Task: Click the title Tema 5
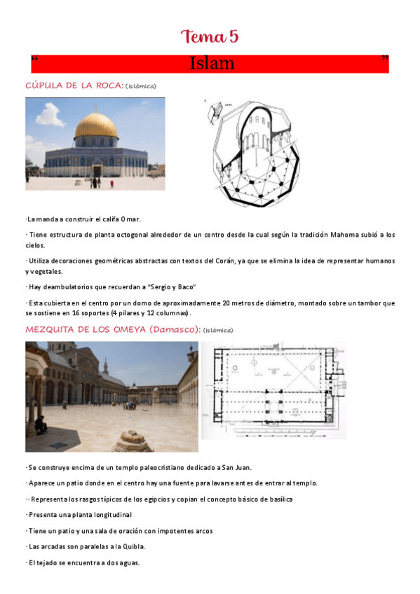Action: (x=210, y=36)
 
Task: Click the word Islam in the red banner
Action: (x=212, y=64)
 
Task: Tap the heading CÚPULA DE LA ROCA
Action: (x=74, y=85)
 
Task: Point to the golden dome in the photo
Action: (x=96, y=124)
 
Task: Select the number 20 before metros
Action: (x=226, y=303)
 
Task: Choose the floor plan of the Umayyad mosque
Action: (x=274, y=389)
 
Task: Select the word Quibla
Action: (x=128, y=546)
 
